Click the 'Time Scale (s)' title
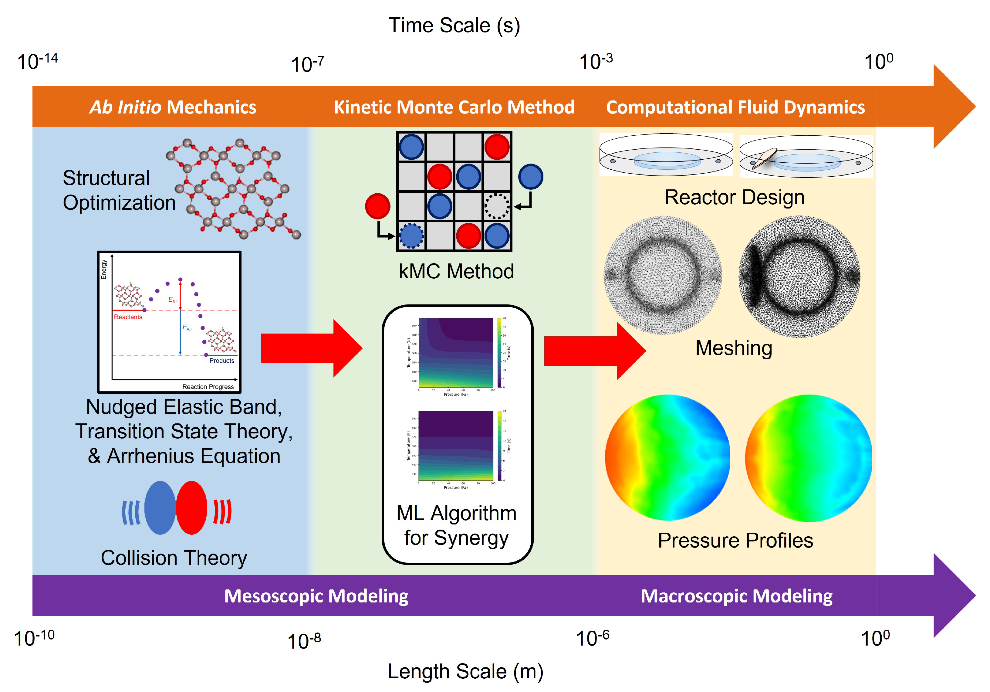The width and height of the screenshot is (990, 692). pos(454,25)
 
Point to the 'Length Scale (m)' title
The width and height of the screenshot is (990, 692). pos(465,671)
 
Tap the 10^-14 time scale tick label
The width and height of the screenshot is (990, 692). pos(38,61)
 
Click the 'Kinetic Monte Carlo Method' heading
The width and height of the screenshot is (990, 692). pos(454,107)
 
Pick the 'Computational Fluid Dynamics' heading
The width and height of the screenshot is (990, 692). pos(735,107)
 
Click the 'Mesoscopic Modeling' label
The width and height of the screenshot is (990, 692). pos(316,596)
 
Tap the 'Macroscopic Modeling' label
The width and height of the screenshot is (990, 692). pos(736,596)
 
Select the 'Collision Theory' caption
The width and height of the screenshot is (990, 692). pos(174,558)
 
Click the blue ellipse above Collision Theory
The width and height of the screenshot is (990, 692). pos(160,508)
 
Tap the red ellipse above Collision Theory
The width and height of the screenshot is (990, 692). pos(191,508)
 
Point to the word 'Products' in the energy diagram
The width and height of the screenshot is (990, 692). pos(221,360)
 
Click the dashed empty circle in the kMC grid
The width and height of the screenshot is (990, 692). pos(497,206)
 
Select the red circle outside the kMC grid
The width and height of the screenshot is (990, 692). pos(377,206)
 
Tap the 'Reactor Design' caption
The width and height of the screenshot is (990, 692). pos(734,197)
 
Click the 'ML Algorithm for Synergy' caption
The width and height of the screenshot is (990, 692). pos(456,525)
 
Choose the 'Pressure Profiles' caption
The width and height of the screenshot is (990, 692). pos(735,540)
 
